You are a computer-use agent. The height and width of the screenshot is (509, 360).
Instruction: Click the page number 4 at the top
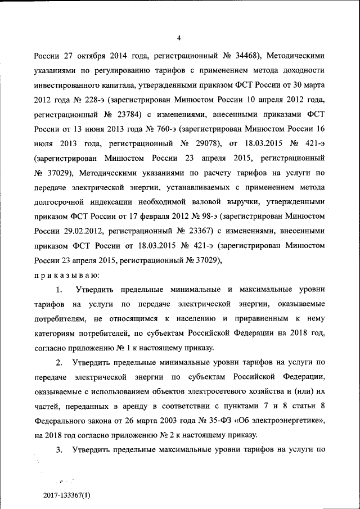pos(179,38)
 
